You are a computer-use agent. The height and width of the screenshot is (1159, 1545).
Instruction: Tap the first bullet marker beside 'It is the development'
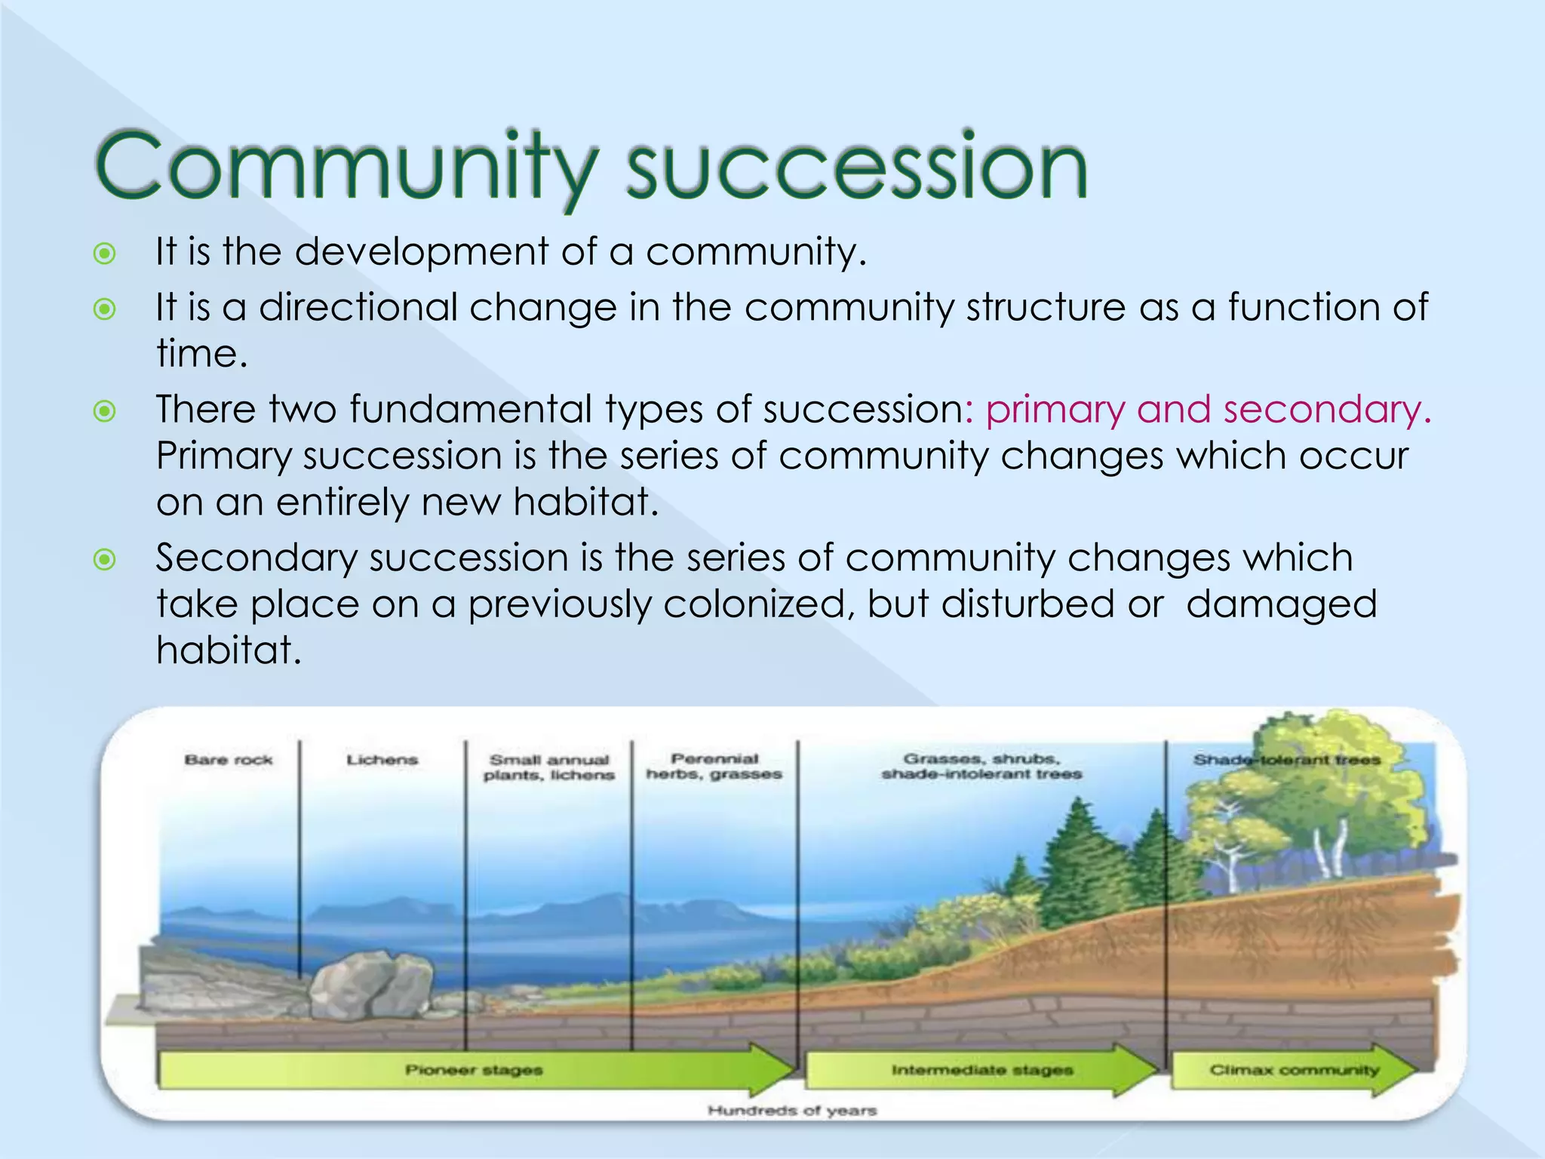[104, 254]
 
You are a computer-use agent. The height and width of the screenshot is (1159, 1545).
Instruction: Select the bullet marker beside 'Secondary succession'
[104, 560]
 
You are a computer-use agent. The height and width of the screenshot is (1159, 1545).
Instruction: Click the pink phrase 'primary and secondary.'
[1208, 410]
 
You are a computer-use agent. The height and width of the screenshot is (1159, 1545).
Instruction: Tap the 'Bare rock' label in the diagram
[228, 760]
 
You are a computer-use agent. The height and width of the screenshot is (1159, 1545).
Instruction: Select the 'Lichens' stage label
[382, 760]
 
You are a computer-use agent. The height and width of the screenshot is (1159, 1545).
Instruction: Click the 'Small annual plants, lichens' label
[548, 767]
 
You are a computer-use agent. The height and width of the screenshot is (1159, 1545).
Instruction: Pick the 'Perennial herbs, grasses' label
[714, 767]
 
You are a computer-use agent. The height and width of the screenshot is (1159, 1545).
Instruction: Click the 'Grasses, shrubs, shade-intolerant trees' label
[981, 767]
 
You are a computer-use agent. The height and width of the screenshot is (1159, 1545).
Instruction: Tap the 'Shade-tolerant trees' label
[1286, 760]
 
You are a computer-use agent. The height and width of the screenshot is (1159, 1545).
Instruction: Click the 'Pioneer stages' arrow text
[474, 1070]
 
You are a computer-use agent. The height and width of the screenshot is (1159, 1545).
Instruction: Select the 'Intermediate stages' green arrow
[981, 1070]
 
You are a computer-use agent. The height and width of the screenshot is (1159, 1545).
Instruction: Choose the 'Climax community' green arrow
[1294, 1070]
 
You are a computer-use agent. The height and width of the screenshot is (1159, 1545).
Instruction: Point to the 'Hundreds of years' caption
[791, 1111]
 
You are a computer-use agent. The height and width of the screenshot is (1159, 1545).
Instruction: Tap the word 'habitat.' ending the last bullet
[229, 650]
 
